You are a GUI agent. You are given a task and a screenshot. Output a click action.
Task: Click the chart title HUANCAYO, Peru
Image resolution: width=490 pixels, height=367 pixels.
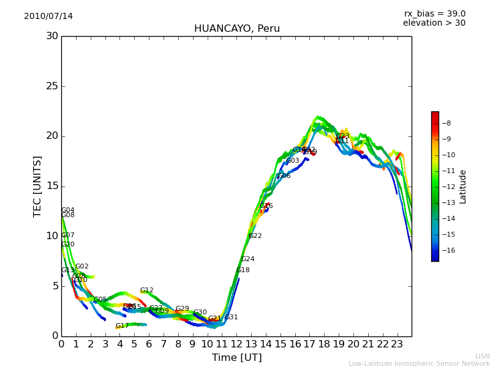(x=236, y=29)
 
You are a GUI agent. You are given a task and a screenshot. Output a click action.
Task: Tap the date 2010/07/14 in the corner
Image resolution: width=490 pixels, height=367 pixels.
(x=48, y=16)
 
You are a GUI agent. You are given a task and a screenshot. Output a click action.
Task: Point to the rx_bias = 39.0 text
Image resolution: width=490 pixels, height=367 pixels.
(x=434, y=13)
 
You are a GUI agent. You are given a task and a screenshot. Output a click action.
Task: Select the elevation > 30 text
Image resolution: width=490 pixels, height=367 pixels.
(x=434, y=23)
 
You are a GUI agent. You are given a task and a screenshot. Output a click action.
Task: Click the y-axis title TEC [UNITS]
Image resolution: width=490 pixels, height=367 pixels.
(x=37, y=186)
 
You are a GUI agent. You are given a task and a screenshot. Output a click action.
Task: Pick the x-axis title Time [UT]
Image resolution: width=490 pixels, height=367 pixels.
(x=236, y=358)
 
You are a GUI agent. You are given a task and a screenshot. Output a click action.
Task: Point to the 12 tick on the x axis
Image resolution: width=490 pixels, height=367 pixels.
(x=236, y=344)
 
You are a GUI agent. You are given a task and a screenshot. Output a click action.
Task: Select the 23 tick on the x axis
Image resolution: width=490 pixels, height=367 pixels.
(x=397, y=344)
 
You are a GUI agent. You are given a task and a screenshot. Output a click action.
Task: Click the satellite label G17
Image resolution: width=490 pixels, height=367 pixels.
(x=123, y=326)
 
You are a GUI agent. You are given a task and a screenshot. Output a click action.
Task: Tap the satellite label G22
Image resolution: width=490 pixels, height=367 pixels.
(x=255, y=235)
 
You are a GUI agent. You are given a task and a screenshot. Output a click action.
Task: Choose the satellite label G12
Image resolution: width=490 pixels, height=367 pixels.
(x=147, y=291)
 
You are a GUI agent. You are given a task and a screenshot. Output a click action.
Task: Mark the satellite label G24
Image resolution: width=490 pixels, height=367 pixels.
(x=248, y=259)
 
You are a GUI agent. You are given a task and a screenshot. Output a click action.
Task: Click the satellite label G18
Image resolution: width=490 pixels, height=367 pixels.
(x=243, y=270)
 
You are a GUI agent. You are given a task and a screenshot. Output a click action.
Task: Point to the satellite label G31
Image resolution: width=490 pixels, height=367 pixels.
(x=232, y=317)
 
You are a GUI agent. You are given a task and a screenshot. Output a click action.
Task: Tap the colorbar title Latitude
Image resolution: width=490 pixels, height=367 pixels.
(x=463, y=187)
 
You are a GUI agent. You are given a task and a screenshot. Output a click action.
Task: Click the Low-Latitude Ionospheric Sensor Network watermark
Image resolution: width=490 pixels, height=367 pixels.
(x=419, y=363)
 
